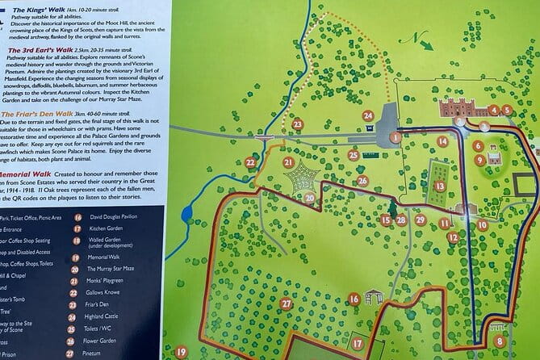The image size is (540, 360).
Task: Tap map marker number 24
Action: coord(369,116)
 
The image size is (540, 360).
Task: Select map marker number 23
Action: coord(298,124)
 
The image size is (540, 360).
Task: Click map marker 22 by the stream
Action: coord(250,162)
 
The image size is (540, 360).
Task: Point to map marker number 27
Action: coord(286,303)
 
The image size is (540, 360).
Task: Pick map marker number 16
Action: coord(354,299)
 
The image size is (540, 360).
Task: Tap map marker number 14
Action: coord(442,141)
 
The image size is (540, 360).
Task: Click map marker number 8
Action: coord(500,341)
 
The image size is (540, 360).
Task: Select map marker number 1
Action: coord(396,138)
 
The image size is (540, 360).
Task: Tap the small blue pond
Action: coord(187,215)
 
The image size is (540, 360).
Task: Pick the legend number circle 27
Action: coord(78,353)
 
